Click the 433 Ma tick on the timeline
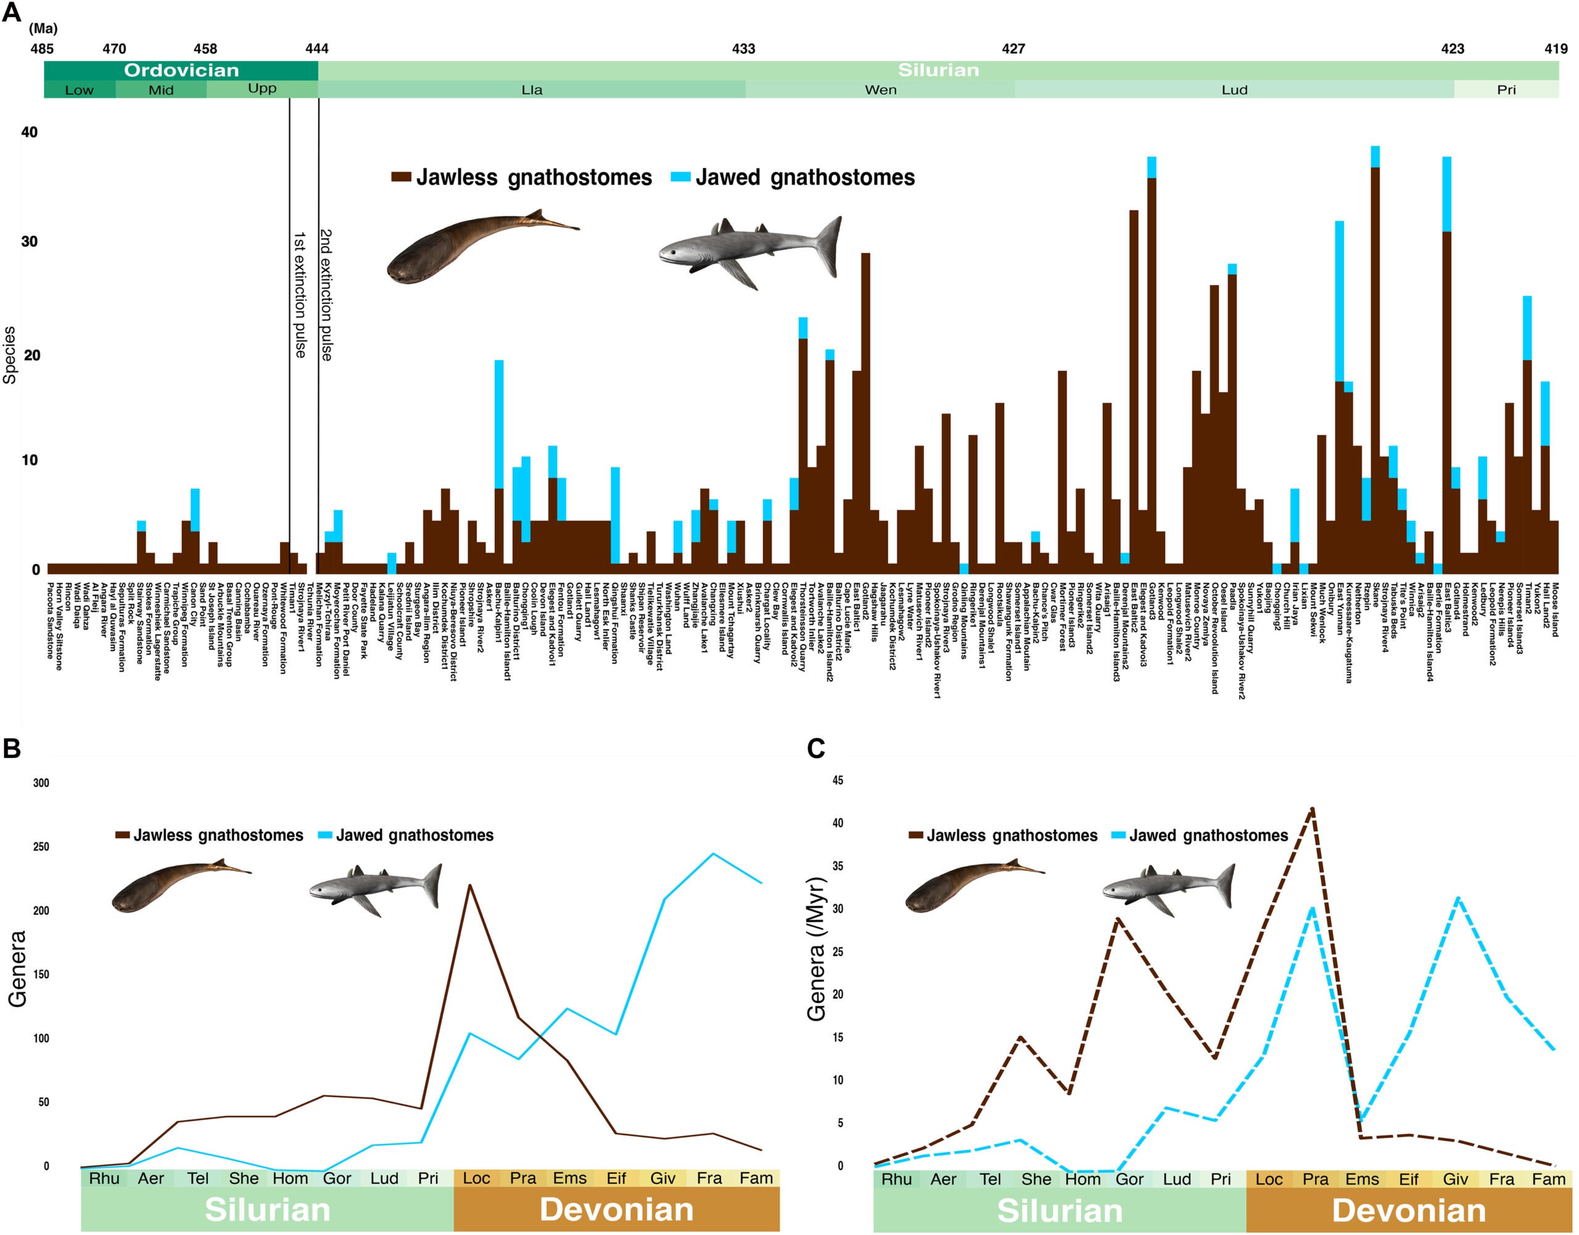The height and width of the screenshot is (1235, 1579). [743, 49]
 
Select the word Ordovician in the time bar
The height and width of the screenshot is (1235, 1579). [181, 70]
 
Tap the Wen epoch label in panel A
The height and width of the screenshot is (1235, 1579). [880, 89]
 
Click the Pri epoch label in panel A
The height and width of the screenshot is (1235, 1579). [1506, 89]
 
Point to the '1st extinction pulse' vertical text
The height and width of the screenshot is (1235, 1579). [299, 294]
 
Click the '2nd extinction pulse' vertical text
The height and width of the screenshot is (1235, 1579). [326, 294]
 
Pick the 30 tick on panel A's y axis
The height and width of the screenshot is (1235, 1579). [29, 241]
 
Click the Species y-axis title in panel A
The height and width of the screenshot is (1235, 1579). [9, 354]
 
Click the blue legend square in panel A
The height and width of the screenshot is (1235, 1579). [680, 177]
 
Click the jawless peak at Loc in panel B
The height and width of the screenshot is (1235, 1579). [470, 885]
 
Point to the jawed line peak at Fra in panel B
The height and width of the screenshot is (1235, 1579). [714, 854]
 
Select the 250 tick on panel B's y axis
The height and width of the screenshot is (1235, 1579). [41, 847]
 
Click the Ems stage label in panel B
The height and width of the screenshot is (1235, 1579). [570, 1178]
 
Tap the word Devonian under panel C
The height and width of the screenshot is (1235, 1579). [1408, 1210]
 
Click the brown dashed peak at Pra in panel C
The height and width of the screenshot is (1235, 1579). [1312, 808]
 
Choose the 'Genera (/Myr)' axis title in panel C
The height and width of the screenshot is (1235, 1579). [817, 949]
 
